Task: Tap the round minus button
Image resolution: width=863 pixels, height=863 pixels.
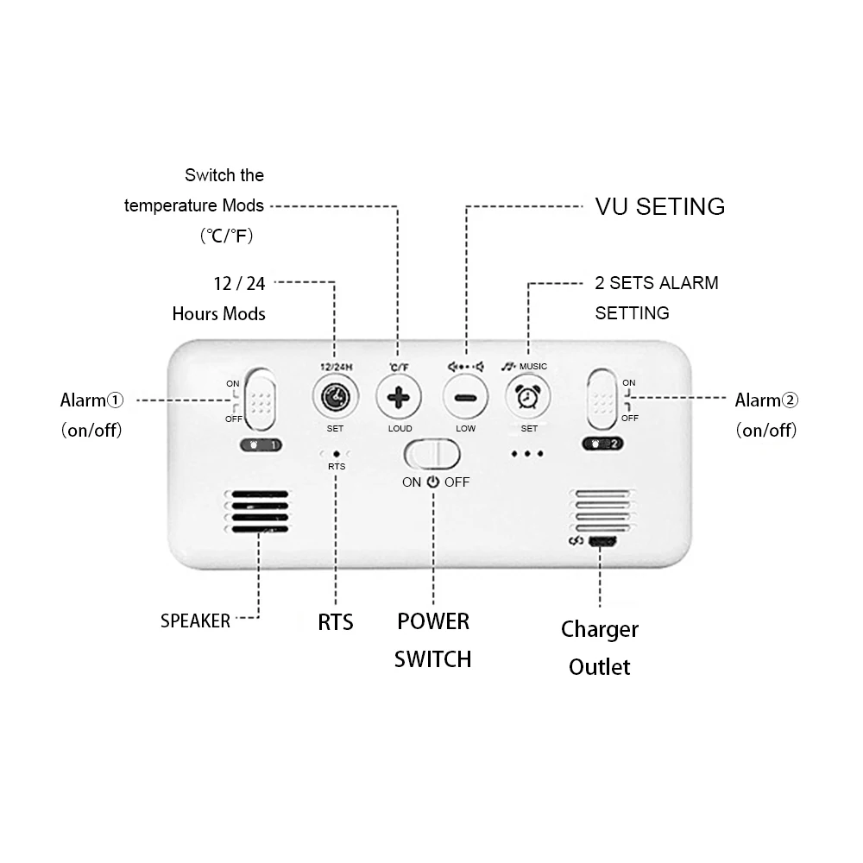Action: [x=465, y=399]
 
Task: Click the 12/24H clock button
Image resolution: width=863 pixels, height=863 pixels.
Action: [x=334, y=398]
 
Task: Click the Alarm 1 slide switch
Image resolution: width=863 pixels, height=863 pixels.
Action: [x=258, y=399]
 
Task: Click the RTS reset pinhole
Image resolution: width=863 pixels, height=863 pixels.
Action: [x=336, y=452]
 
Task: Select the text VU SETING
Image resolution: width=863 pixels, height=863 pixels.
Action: [x=660, y=207]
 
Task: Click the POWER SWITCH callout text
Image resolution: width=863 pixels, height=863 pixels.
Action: [x=433, y=639]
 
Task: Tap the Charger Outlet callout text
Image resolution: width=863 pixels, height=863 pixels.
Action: [x=600, y=647]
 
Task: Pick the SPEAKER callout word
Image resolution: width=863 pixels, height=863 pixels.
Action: [x=195, y=620]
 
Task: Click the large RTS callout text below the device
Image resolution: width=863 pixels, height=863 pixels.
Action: [x=336, y=621]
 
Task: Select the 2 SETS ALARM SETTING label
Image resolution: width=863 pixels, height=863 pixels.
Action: [x=656, y=297]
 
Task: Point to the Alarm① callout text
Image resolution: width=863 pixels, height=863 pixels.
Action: [x=91, y=400]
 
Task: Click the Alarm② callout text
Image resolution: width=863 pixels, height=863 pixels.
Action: [x=766, y=400]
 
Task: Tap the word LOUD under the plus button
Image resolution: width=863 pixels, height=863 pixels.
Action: [x=400, y=429]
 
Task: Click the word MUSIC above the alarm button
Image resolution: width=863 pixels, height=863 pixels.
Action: [x=533, y=367]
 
